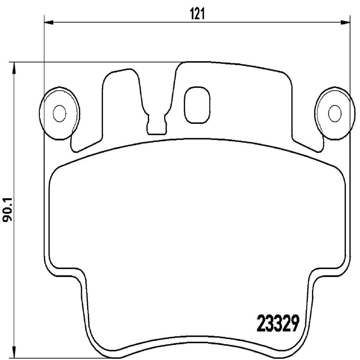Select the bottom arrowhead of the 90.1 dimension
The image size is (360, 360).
(14, 352)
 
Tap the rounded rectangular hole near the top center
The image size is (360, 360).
(197, 105)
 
